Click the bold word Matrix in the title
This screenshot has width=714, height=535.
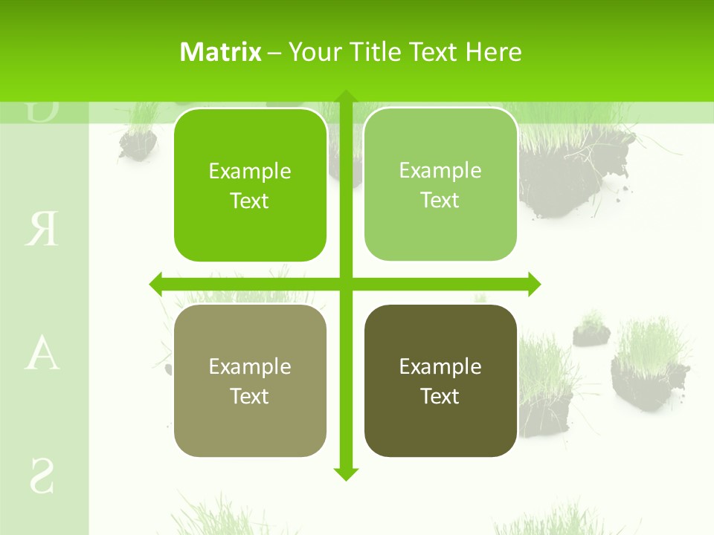tap(221, 52)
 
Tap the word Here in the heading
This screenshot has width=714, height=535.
tap(494, 52)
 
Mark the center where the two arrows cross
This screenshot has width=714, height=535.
tap(346, 284)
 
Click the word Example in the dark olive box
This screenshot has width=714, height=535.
tap(440, 366)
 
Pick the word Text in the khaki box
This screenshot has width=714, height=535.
tap(250, 396)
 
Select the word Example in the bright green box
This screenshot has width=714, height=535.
tap(250, 171)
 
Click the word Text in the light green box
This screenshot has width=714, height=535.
tap(440, 200)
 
